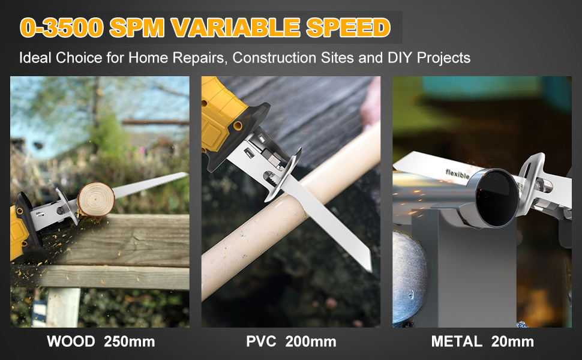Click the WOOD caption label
point(71,342)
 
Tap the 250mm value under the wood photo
point(129,342)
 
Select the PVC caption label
point(260,342)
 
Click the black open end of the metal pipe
point(497,198)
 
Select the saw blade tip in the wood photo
point(183,175)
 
